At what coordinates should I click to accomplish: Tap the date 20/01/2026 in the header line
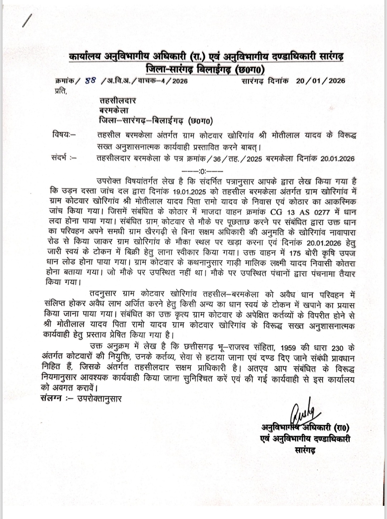click(x=321, y=81)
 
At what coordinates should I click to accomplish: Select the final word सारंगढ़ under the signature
click(x=305, y=450)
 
